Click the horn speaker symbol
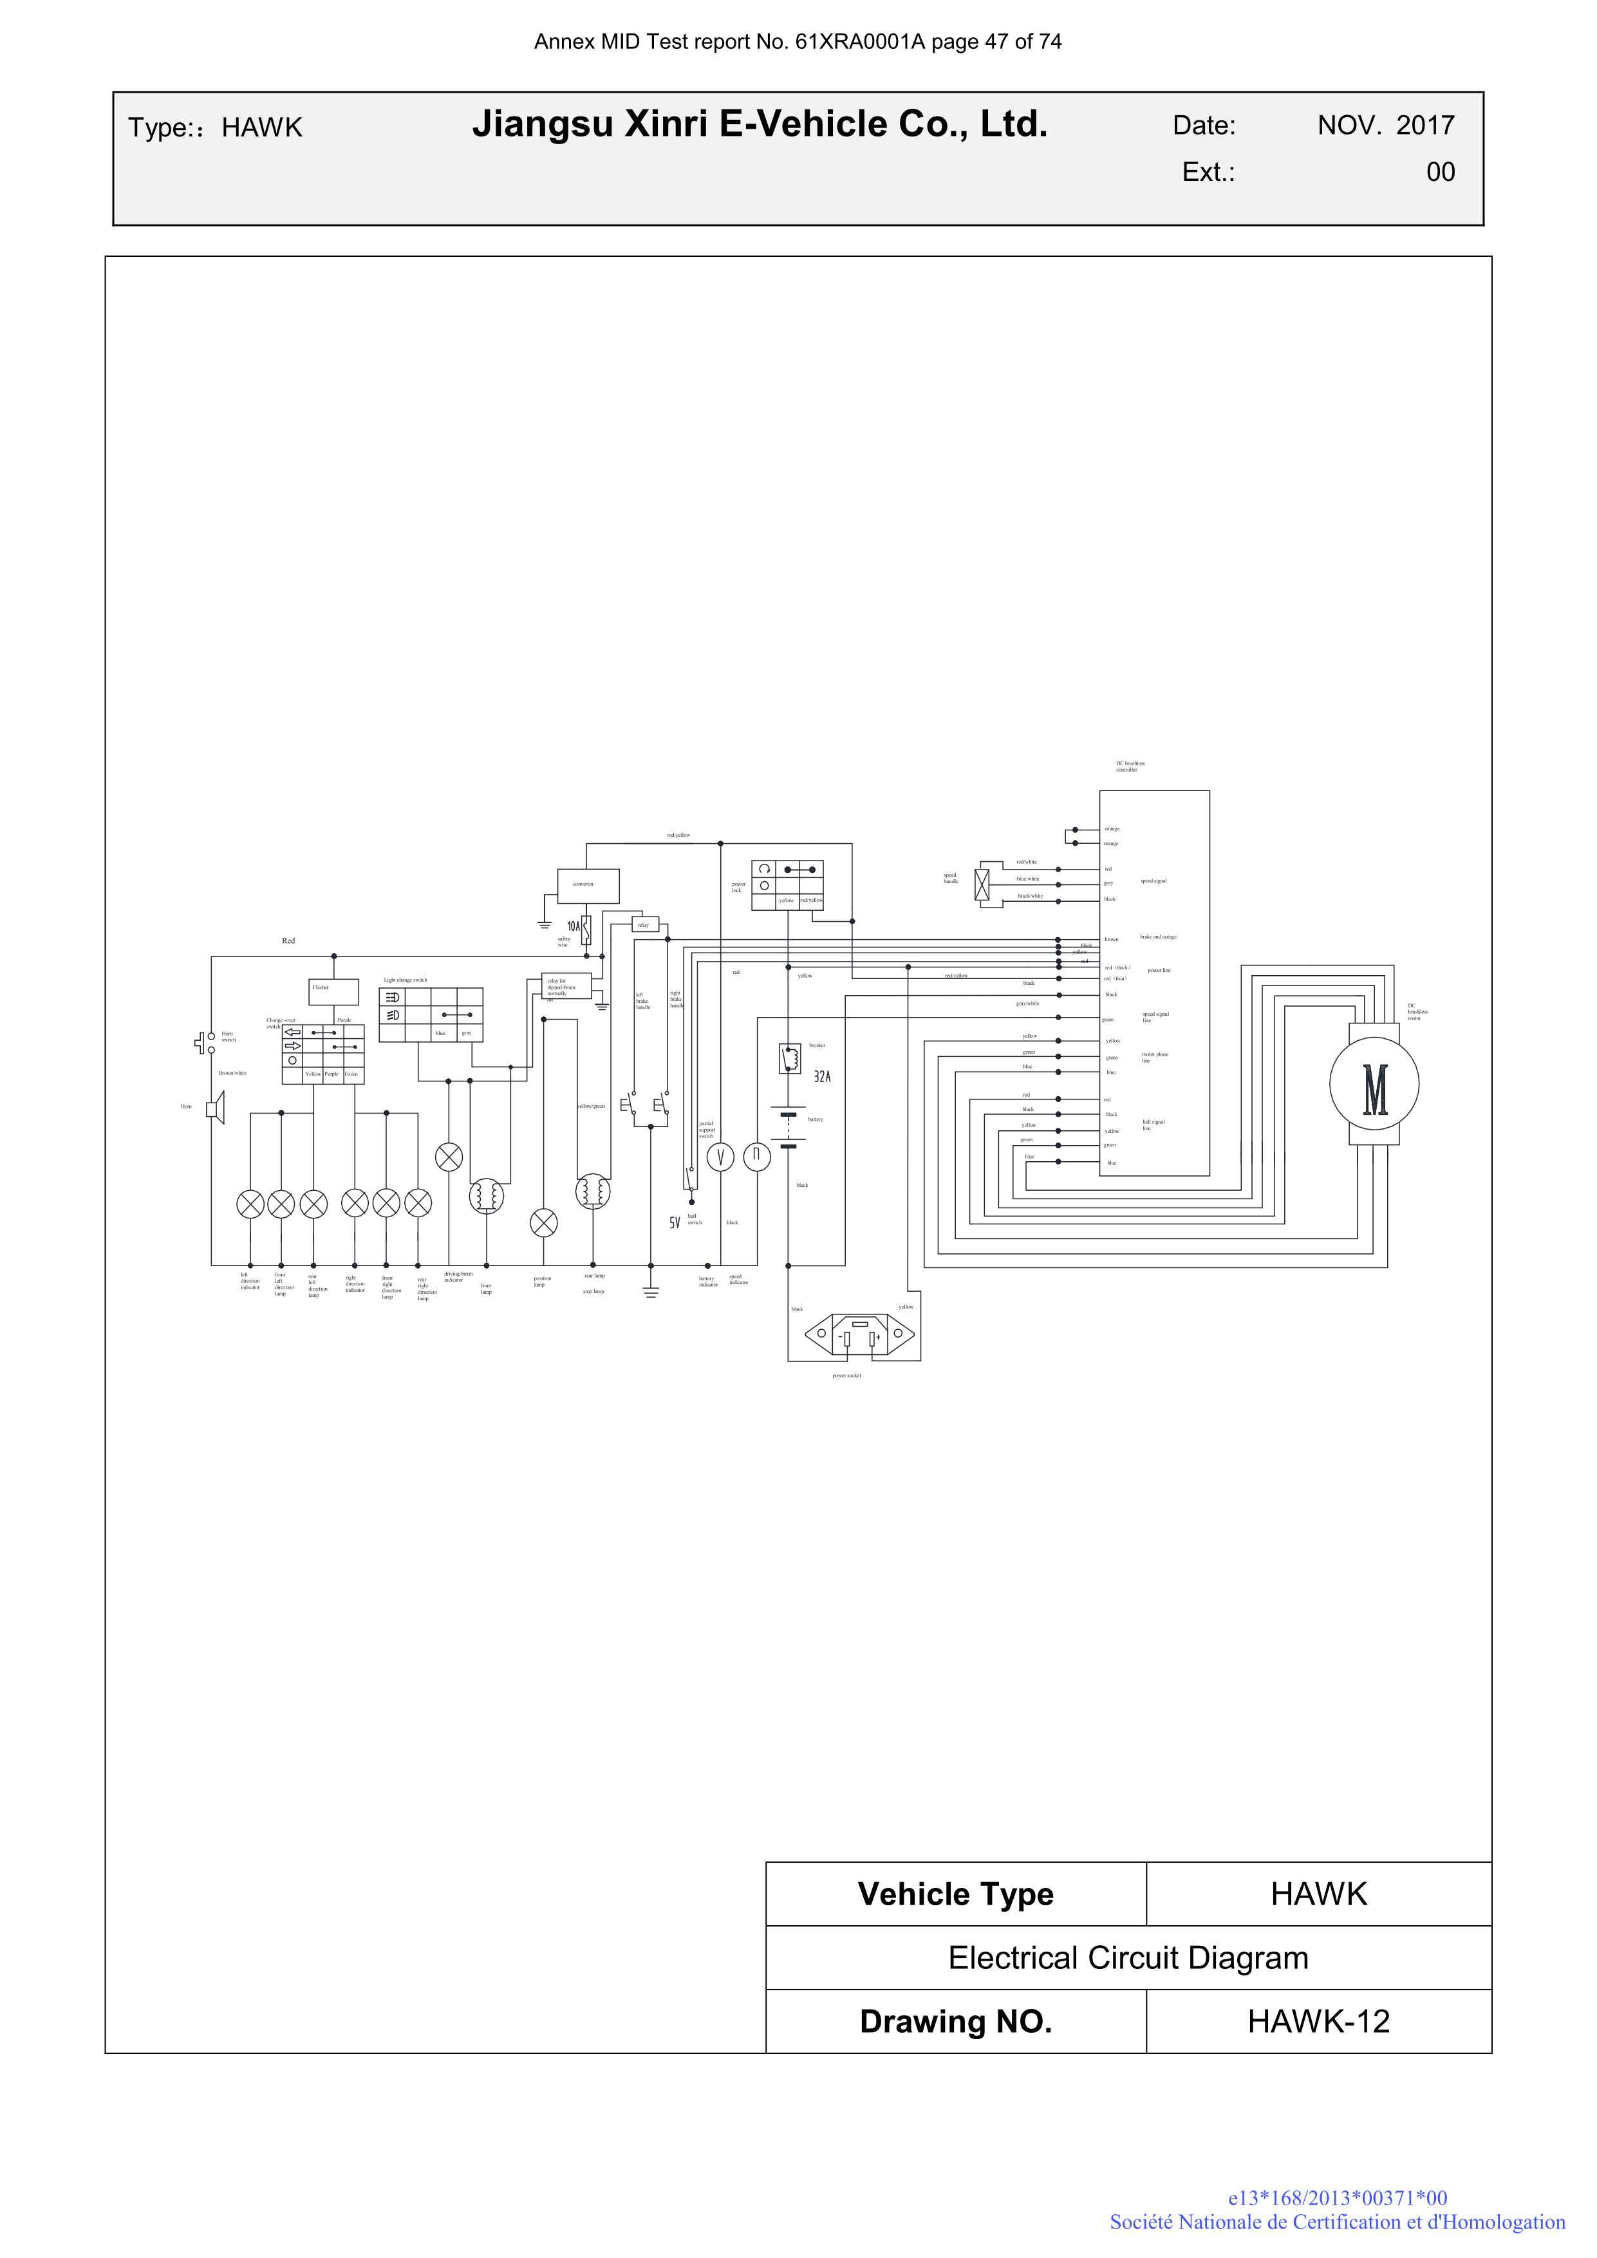tap(214, 1109)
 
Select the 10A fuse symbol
tap(586, 928)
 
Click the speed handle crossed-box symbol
tap(982, 884)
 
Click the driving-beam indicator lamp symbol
tap(449, 1157)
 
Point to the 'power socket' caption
tap(846, 1375)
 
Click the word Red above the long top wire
tap(288, 940)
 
